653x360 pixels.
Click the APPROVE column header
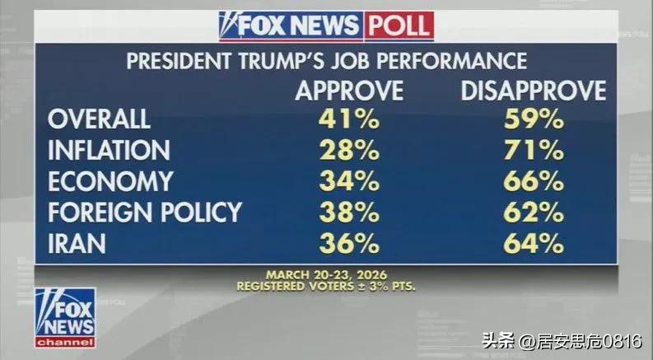point(349,90)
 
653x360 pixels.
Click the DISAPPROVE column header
point(533,90)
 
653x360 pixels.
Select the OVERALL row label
point(99,119)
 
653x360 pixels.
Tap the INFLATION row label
point(109,150)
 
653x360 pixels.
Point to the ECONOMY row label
point(110,181)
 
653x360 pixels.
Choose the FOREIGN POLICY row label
point(145,213)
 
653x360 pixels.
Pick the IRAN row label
point(78,244)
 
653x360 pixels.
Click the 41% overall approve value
point(349,119)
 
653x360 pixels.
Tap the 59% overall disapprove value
point(533,119)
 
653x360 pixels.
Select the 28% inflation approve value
point(349,150)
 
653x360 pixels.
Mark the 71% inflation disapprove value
point(533,150)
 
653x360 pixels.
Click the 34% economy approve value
point(349,181)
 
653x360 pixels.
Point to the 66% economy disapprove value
point(533,181)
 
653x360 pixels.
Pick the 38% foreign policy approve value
point(349,213)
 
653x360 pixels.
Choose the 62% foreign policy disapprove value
point(533,213)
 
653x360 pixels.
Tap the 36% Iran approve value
point(349,244)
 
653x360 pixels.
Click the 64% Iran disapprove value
point(533,244)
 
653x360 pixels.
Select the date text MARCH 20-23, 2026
point(326,274)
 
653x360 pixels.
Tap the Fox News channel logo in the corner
point(65,317)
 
